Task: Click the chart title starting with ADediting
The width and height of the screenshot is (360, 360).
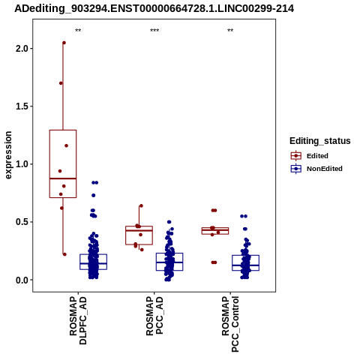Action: point(154,9)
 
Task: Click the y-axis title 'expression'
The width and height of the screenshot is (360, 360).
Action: point(8,155)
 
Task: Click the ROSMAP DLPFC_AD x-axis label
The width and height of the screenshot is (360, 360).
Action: point(78,320)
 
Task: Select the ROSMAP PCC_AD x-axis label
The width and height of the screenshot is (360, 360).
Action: point(154,316)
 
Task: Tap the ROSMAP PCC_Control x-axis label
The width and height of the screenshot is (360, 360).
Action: point(230,324)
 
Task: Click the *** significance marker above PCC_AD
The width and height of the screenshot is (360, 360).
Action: point(154,31)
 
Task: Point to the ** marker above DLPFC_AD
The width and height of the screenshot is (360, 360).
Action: point(78,31)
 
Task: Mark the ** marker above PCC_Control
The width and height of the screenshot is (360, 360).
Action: point(230,31)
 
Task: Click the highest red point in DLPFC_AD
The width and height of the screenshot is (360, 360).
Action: point(64,43)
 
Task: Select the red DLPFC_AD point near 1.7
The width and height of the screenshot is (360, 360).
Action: point(61,83)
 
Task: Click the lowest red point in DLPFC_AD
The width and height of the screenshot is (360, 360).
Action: point(64,254)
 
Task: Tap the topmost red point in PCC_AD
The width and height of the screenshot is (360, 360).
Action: point(141,205)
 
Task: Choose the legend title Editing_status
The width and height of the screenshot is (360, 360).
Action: point(320,141)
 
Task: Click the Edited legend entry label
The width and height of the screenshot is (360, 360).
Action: point(317,156)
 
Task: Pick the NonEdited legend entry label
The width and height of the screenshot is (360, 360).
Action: point(325,169)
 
